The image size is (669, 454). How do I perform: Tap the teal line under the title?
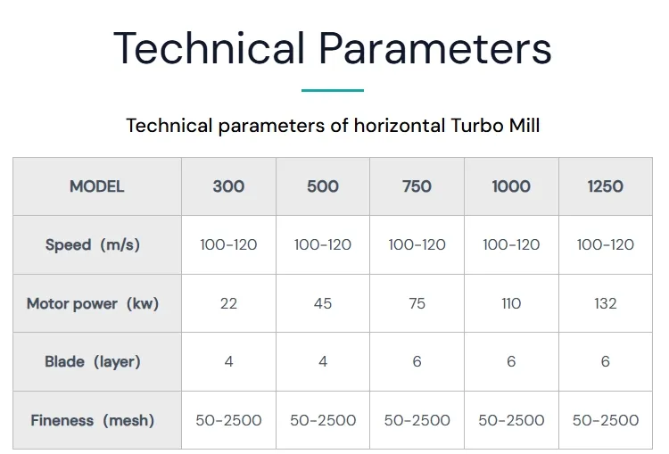333,90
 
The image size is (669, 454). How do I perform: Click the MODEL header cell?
97,186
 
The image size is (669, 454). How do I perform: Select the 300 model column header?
228,186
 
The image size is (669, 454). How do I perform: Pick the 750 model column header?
417,186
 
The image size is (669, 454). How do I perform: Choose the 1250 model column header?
605,186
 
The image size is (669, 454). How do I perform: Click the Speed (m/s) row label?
93,244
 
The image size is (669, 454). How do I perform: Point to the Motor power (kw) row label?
93,303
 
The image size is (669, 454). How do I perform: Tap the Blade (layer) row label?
93,361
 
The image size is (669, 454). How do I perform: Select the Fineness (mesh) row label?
93,420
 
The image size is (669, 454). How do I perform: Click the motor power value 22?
228,303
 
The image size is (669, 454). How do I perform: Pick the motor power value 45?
323,303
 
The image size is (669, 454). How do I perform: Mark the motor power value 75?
417,303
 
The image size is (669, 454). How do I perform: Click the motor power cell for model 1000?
511,303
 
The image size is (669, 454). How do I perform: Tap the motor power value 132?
605,303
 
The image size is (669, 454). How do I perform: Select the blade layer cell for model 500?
323,361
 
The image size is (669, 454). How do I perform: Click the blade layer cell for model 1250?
605,361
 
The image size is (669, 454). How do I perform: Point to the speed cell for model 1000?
511,244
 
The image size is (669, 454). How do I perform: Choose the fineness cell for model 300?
228,420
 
